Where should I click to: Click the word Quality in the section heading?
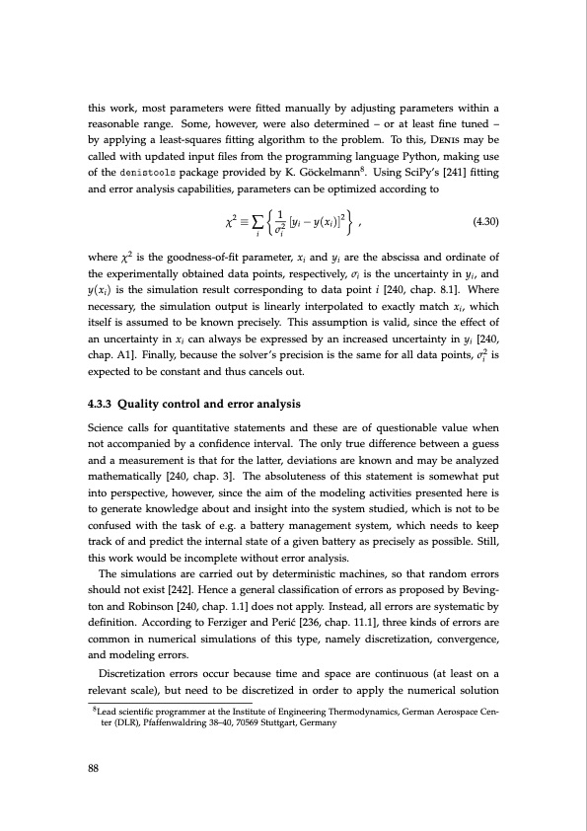[x=140, y=429]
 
